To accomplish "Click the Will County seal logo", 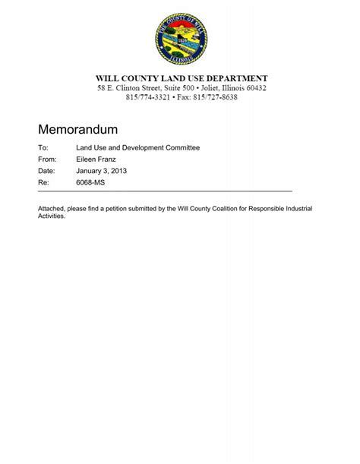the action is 180,39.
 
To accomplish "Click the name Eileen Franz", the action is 97,159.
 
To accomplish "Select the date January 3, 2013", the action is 101,172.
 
